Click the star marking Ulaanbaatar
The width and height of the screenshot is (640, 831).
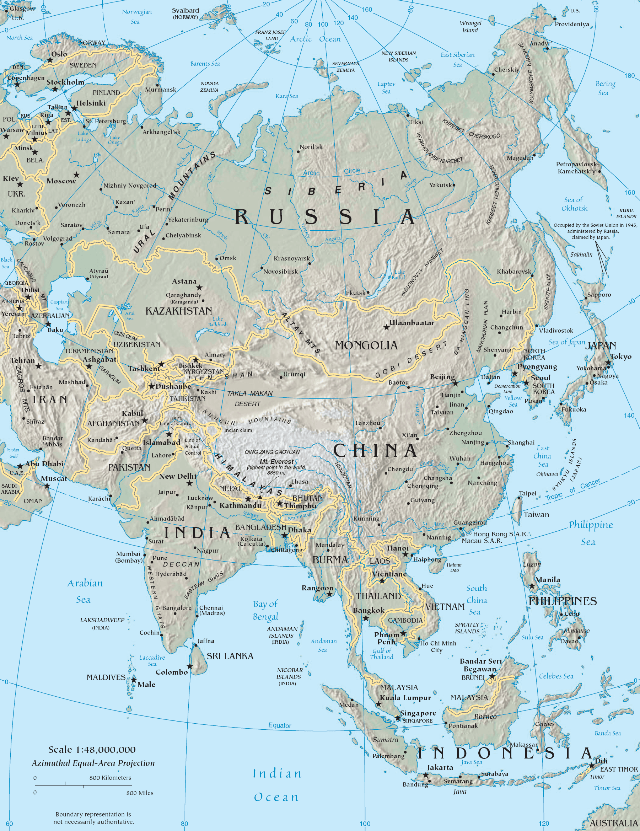click(x=387, y=327)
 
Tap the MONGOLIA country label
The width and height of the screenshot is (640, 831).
click(x=366, y=345)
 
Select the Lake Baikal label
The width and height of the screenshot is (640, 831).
click(x=399, y=275)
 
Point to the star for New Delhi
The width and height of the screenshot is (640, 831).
click(x=189, y=483)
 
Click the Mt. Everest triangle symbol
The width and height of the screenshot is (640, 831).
click(x=260, y=497)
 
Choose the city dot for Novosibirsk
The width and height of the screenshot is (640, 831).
click(x=262, y=268)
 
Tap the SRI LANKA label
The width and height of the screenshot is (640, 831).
click(x=230, y=656)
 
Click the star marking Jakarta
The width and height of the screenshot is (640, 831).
click(x=426, y=775)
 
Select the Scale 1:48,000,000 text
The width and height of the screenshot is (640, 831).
click(x=92, y=750)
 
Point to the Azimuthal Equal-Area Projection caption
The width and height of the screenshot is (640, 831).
click(x=93, y=763)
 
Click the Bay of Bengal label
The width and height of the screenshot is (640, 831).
click(x=265, y=610)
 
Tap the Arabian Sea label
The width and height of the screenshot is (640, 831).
click(x=85, y=591)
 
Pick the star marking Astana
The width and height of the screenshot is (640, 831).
click(x=199, y=288)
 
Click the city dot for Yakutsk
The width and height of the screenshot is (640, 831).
click(x=453, y=185)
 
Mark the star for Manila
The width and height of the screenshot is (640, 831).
click(x=532, y=586)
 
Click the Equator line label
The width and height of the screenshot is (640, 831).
click(x=280, y=725)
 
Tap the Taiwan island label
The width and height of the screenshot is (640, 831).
click(x=536, y=515)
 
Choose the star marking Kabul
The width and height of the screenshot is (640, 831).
click(x=145, y=420)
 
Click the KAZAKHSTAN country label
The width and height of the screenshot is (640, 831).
click(x=178, y=311)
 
